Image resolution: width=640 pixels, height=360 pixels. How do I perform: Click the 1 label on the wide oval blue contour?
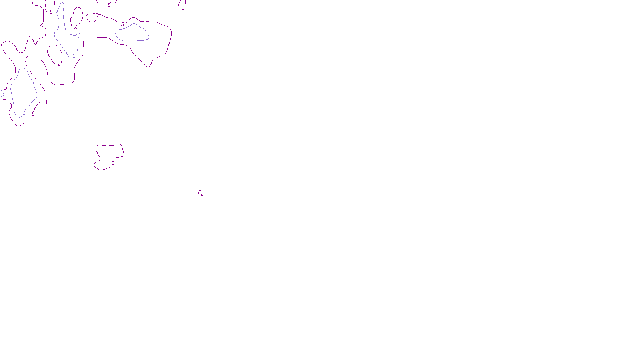pyautogui.click(x=130, y=40)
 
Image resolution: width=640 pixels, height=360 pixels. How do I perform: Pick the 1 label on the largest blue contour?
pyautogui.click(x=24, y=113)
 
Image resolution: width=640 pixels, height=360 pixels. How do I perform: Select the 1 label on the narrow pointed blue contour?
pyautogui.click(x=74, y=56)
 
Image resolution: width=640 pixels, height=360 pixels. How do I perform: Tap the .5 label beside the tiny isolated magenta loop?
pyautogui.click(x=202, y=196)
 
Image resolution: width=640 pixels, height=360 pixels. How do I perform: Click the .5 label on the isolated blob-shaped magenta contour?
pyautogui.click(x=112, y=163)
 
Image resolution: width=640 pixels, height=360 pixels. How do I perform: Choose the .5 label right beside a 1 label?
pyautogui.click(x=32, y=116)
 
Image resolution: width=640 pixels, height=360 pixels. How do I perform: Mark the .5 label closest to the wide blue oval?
pyautogui.click(x=122, y=24)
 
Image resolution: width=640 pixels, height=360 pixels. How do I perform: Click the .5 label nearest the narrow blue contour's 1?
pyautogui.click(x=59, y=66)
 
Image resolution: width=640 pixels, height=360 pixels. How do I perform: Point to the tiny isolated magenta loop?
pyautogui.click(x=200, y=192)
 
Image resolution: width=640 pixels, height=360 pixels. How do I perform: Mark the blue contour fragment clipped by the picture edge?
pyautogui.click(x=2, y=93)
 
